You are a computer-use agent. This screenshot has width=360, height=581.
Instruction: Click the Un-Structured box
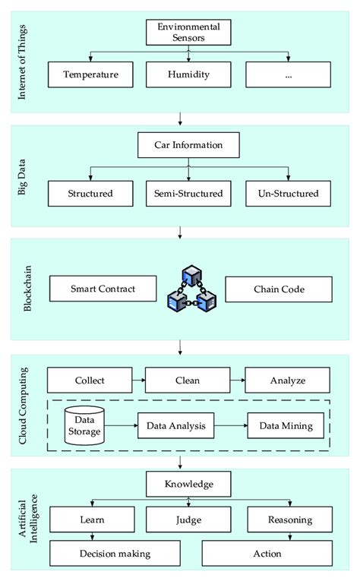[x=283, y=193]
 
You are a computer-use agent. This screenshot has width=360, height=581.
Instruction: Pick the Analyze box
[x=286, y=380]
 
